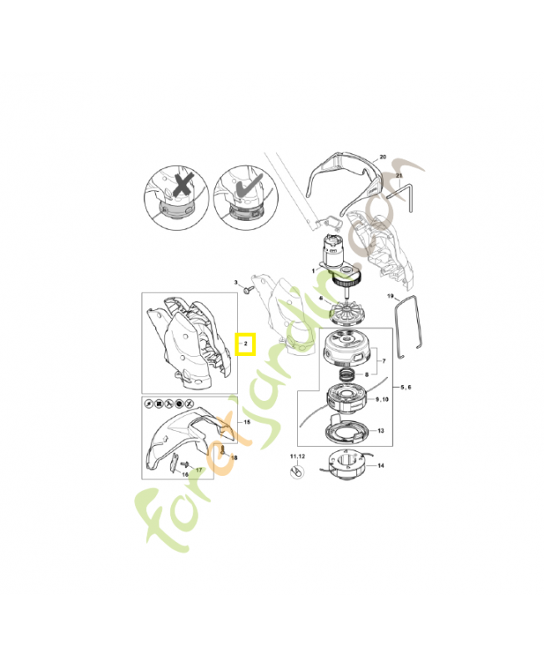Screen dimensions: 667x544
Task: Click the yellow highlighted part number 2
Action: coord(246,344)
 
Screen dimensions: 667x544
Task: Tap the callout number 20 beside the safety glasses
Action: coord(383,157)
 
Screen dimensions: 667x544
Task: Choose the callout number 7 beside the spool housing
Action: coord(383,361)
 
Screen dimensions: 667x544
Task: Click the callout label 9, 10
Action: coord(383,400)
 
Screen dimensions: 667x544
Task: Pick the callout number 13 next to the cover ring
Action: coord(380,431)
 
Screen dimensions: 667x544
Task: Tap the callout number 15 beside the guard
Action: coord(246,423)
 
